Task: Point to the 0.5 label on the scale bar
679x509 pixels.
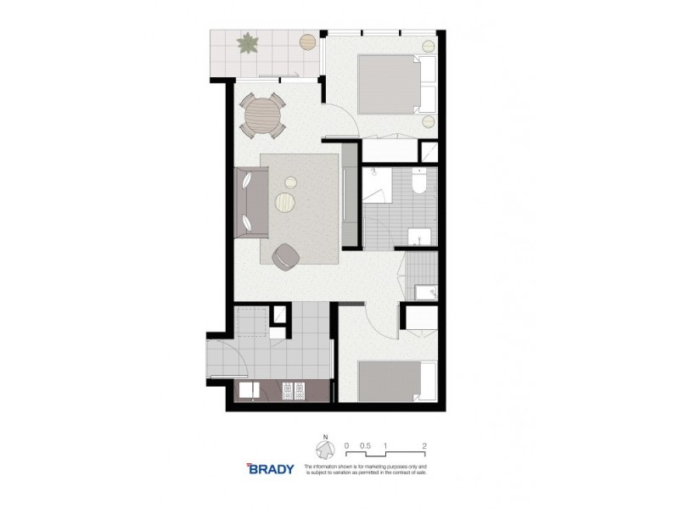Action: [366, 445]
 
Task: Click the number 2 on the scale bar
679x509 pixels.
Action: [424, 445]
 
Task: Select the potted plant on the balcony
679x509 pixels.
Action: [249, 42]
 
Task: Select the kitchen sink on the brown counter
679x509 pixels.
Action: [250, 391]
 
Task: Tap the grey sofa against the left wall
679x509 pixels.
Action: [250, 203]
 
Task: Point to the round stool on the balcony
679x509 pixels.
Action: [306, 39]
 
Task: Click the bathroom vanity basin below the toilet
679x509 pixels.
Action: [417, 235]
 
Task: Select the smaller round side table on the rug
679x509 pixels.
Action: [291, 180]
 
